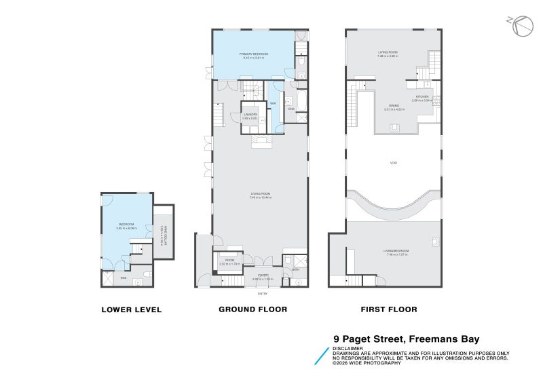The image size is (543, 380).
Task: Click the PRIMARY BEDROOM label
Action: tap(253, 54)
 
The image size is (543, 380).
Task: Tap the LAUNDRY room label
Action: tap(250, 114)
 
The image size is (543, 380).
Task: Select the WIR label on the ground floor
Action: tap(272, 103)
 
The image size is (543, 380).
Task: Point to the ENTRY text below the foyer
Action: tap(262, 294)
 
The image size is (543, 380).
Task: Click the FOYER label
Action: tap(262, 275)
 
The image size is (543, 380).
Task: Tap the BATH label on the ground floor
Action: tap(296, 269)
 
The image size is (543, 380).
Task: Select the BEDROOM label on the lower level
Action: tap(126, 225)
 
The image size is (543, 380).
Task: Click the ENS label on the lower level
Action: tap(124, 278)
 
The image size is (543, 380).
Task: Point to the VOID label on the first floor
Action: tap(393, 162)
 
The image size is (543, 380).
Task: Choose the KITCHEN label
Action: tap(423, 97)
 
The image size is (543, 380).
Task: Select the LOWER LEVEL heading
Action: tap(131, 309)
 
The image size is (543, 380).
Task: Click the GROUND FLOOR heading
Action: tap(252, 309)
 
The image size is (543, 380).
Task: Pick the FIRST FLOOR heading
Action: tap(388, 309)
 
